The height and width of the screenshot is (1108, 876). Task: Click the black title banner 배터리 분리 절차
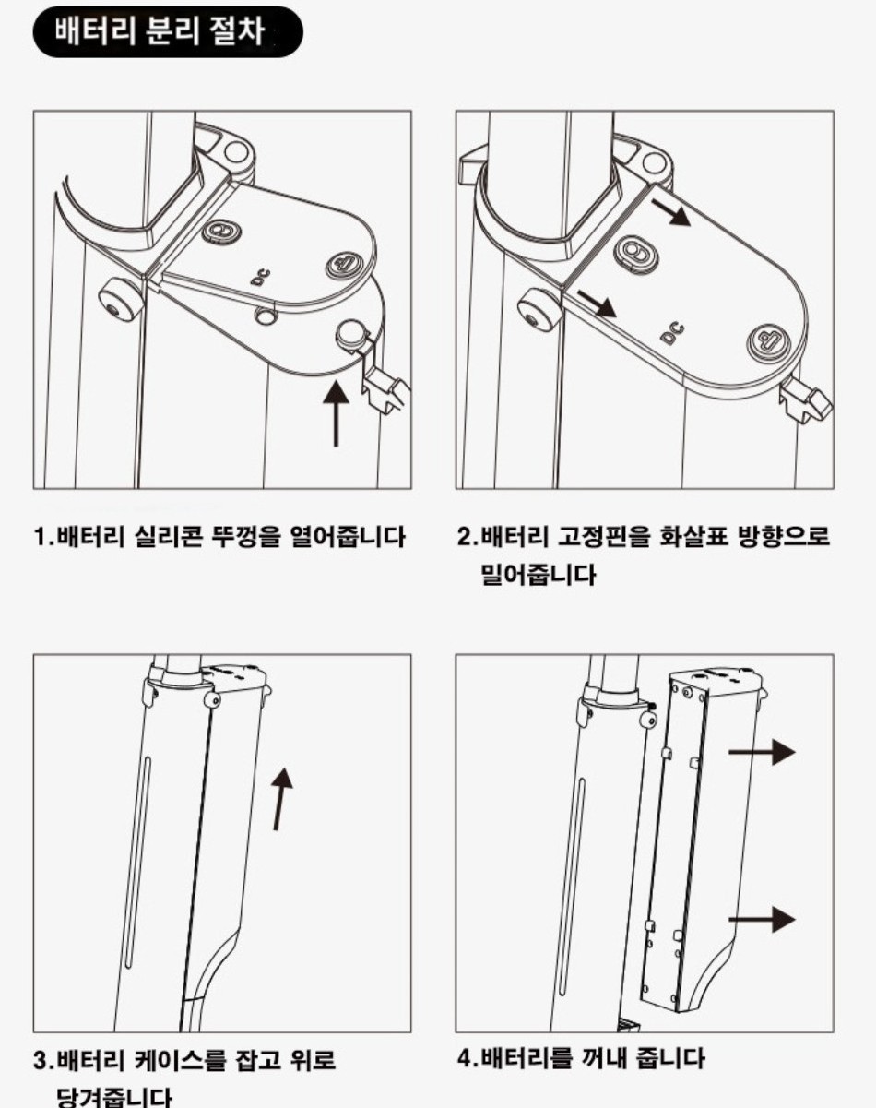click(168, 31)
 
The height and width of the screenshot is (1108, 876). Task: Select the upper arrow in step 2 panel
click(670, 212)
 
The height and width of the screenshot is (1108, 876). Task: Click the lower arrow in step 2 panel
click(597, 304)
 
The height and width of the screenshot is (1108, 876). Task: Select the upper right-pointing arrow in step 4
click(762, 752)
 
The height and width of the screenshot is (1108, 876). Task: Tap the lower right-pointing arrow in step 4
click(762, 920)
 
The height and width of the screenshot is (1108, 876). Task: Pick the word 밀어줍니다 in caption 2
click(539, 575)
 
